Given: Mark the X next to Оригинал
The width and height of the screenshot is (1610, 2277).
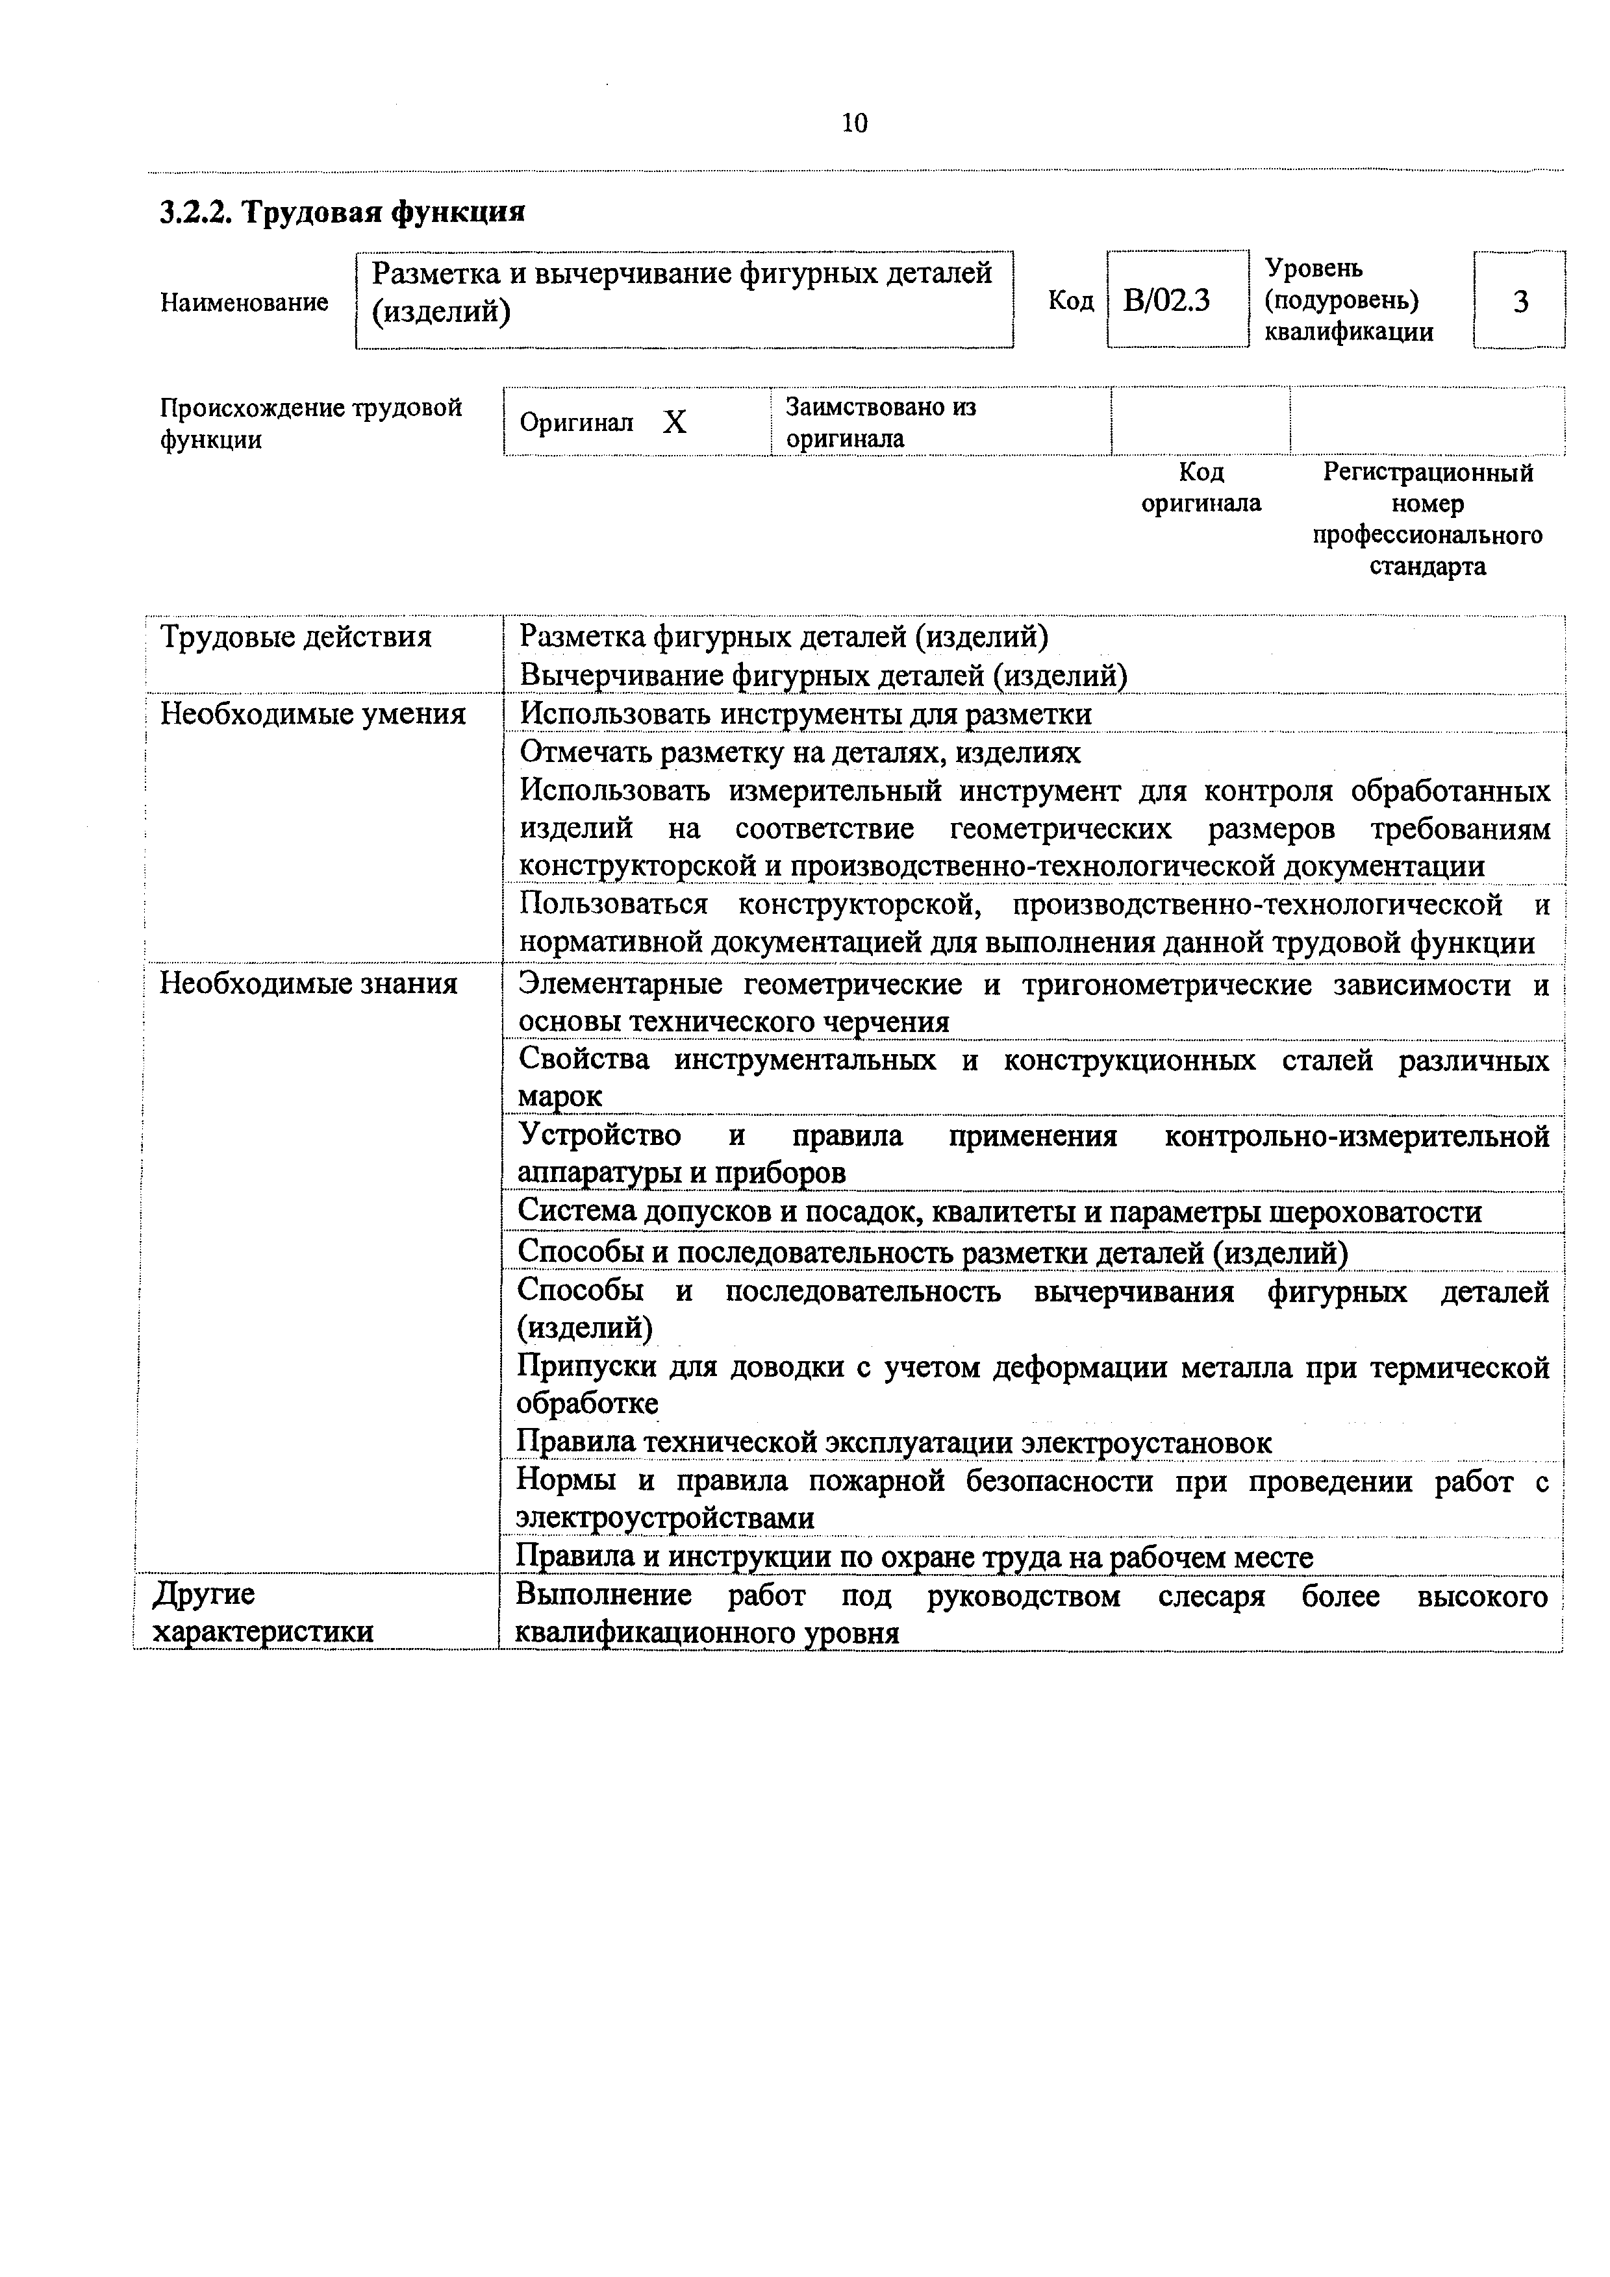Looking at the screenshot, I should (x=675, y=423).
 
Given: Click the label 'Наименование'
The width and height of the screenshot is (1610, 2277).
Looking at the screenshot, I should (x=244, y=302).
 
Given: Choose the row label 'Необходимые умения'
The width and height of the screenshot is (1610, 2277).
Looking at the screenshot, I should (x=312, y=714).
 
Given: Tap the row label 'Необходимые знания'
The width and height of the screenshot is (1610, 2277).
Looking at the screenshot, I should (x=308, y=984).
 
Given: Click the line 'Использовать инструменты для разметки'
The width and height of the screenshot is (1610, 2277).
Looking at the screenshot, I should (x=805, y=714).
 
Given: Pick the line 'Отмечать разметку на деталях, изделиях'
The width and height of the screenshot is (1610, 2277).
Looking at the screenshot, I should (x=799, y=753).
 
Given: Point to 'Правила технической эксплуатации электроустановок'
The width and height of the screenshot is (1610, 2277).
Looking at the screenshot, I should (x=894, y=1442).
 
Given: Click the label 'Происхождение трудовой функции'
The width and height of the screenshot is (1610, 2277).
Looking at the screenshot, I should (x=310, y=423).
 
